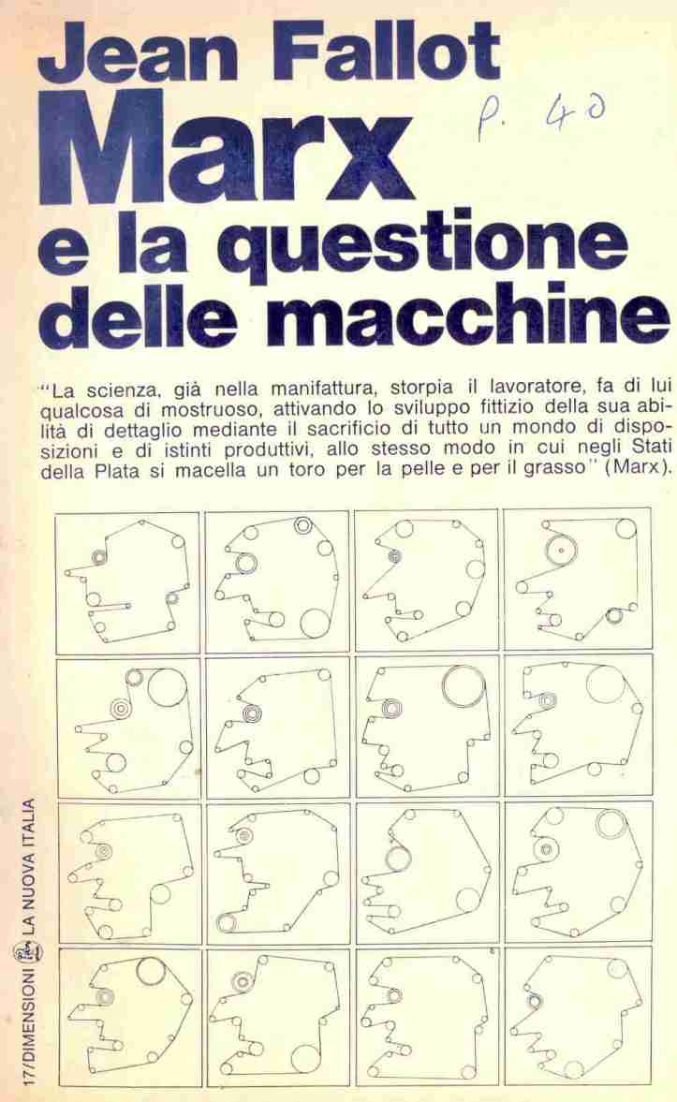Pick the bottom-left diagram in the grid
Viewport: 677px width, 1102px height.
pos(126,1018)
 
